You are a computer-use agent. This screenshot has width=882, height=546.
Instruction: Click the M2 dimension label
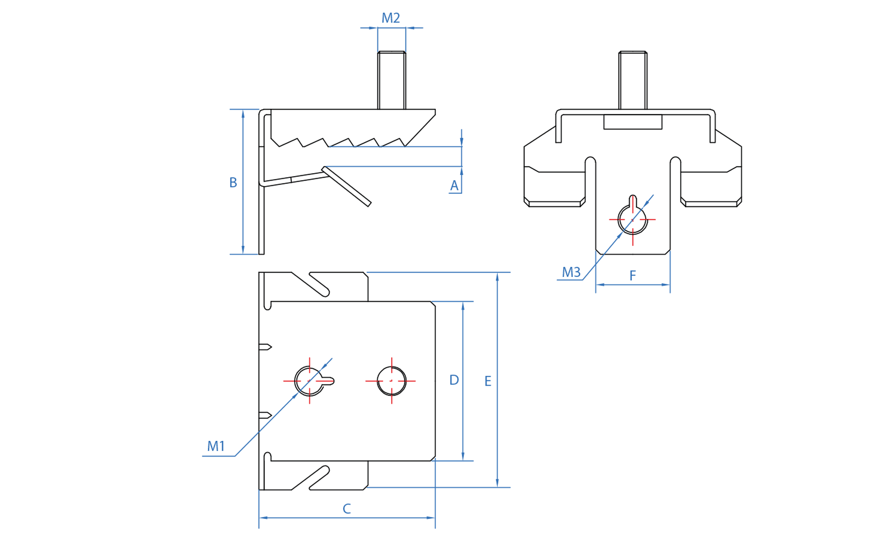tap(391, 18)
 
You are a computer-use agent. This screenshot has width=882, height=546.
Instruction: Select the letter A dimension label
tap(454, 185)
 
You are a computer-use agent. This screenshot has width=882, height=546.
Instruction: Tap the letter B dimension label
tap(233, 182)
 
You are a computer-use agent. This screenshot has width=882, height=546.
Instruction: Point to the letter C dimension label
tap(346, 509)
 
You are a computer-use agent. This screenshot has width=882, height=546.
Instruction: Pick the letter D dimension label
tap(454, 380)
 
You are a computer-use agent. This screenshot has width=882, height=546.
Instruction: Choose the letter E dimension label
tap(487, 381)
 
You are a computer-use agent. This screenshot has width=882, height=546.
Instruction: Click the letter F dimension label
tap(632, 275)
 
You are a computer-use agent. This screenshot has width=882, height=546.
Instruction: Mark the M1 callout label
tap(216, 446)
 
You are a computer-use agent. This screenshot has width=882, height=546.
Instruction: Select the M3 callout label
tap(571, 272)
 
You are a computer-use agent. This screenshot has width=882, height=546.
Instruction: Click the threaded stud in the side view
tap(392, 80)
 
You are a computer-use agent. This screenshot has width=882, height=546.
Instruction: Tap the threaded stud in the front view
tap(632, 80)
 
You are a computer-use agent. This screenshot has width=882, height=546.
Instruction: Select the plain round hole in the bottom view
tap(392, 381)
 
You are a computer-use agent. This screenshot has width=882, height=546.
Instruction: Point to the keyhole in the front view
tap(632, 218)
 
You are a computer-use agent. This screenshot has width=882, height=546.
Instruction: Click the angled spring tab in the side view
tap(346, 186)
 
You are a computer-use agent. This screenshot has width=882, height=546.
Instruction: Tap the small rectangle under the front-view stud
tap(632, 122)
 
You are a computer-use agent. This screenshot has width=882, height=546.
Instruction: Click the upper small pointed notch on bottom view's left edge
tap(265, 347)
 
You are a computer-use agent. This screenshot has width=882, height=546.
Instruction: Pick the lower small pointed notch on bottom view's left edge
tap(265, 416)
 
